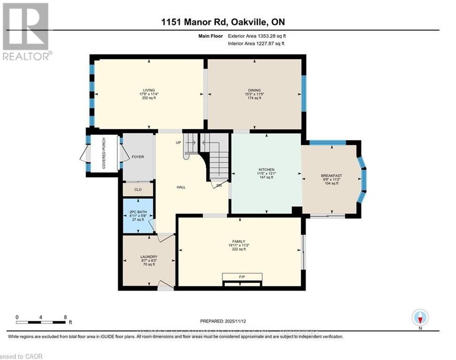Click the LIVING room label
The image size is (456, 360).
(149, 90)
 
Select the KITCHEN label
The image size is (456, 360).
(266, 170)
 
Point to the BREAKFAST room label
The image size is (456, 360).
(331, 175)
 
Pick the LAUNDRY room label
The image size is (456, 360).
(149, 256)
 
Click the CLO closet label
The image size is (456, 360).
(138, 190)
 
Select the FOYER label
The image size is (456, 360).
(138, 157)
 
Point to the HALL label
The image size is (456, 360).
(181, 187)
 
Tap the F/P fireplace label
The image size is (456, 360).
(242, 277)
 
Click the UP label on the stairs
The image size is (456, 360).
(178, 142)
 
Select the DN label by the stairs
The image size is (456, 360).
(219, 186)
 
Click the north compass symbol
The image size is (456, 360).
(420, 318)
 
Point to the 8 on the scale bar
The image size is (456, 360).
(65, 317)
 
